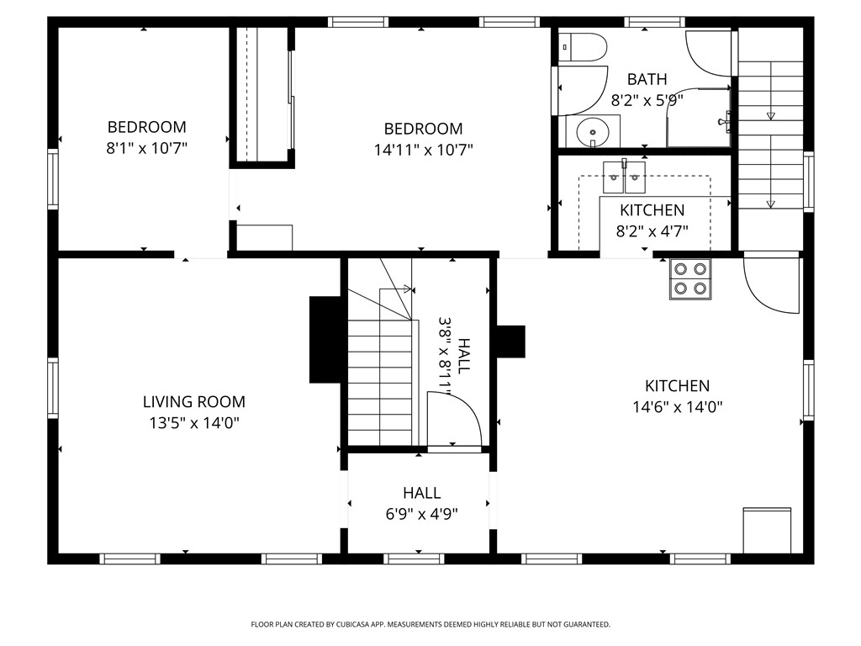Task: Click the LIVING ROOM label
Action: tap(194, 401)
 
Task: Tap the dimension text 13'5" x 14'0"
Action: tap(194, 423)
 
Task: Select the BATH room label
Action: tap(647, 79)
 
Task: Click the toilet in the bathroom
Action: tap(583, 47)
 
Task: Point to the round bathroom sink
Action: tap(593, 132)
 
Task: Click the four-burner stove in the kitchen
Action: tap(690, 279)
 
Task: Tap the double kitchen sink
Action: tap(625, 177)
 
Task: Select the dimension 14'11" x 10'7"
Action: tap(424, 150)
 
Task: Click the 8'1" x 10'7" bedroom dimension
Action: tap(146, 148)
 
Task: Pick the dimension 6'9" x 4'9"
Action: tap(422, 514)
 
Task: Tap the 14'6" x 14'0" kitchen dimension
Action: tap(677, 407)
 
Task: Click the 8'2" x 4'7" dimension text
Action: tap(652, 231)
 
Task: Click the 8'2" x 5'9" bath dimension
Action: tap(647, 101)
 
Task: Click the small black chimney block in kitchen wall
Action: tap(510, 342)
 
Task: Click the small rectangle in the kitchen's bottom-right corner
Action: tap(767, 531)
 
